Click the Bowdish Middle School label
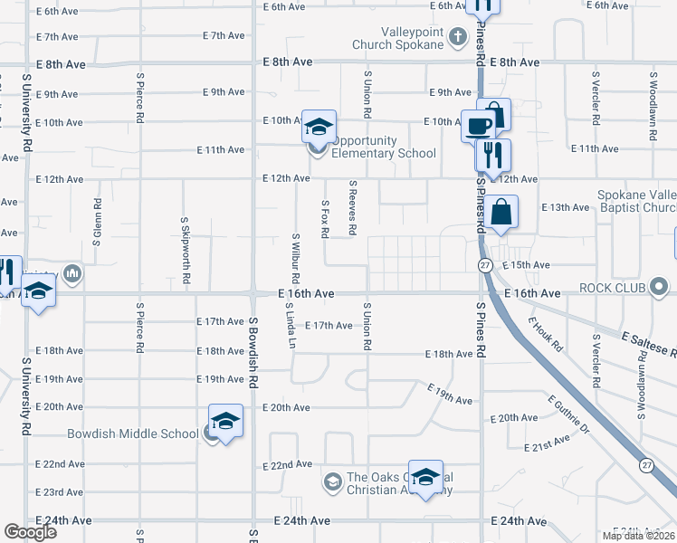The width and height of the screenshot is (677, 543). [x=132, y=433]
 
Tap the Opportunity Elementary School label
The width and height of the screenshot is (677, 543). [x=385, y=147]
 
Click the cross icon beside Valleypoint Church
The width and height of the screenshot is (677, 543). [x=457, y=37]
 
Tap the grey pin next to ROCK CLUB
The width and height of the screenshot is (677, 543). [x=660, y=289]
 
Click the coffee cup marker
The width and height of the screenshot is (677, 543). [x=478, y=125]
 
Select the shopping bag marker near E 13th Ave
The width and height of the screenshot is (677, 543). [x=500, y=214]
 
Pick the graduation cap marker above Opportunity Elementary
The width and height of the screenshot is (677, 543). [x=319, y=126]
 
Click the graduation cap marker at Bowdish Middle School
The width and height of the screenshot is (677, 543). [x=225, y=420]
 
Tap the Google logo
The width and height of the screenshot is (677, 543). [x=30, y=532]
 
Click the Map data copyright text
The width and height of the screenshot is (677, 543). [x=639, y=536]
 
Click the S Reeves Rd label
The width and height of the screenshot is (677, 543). [x=353, y=206]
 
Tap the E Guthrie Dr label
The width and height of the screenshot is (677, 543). [x=568, y=414]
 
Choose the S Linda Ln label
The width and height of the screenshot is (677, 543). [x=291, y=326]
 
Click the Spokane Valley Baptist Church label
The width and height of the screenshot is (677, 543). [x=636, y=201]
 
